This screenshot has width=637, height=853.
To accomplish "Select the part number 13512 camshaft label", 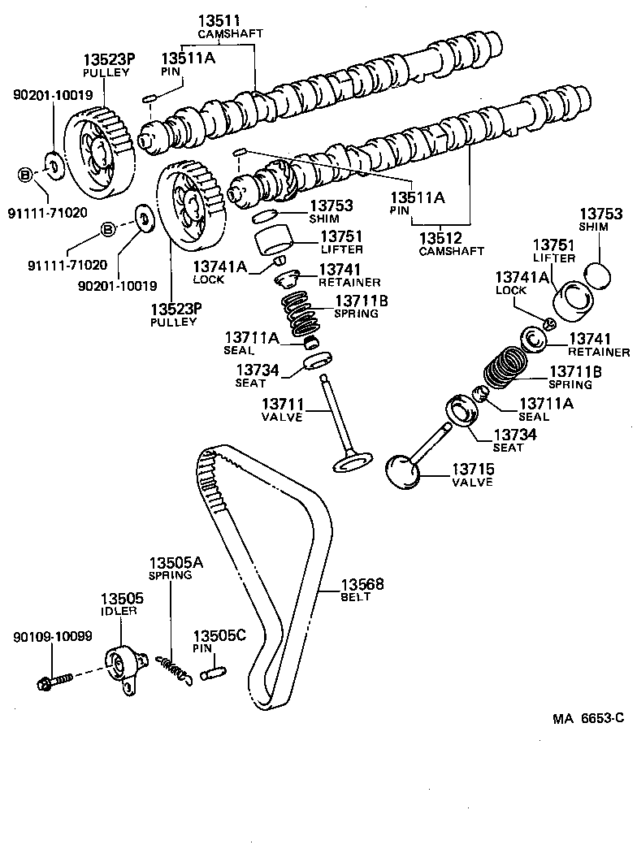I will pos(441,238).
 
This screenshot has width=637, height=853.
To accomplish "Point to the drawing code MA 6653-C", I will pos(588,717).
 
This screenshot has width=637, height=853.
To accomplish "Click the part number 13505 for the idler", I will pos(122,599).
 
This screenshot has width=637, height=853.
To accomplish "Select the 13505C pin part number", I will pos(219,635).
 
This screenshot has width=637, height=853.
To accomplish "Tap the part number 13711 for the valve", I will pos(282,404).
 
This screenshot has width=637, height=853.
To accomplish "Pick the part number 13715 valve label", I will pos(473,469).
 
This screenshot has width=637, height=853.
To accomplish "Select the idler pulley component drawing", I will pos(119,666).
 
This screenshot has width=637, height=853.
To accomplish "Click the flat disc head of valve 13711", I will pos(351,464).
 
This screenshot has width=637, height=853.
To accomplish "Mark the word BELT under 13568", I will pos(355,597).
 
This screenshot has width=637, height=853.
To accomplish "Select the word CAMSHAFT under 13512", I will pos(451,251).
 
